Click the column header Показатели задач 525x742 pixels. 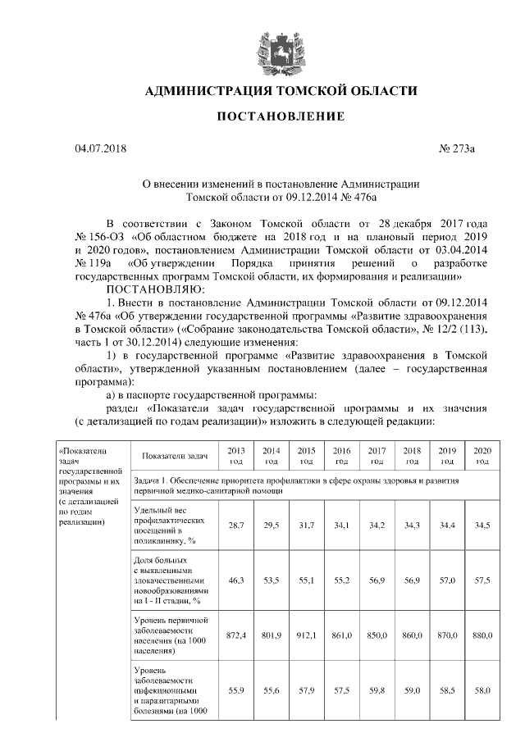pyautogui.click(x=174, y=455)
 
